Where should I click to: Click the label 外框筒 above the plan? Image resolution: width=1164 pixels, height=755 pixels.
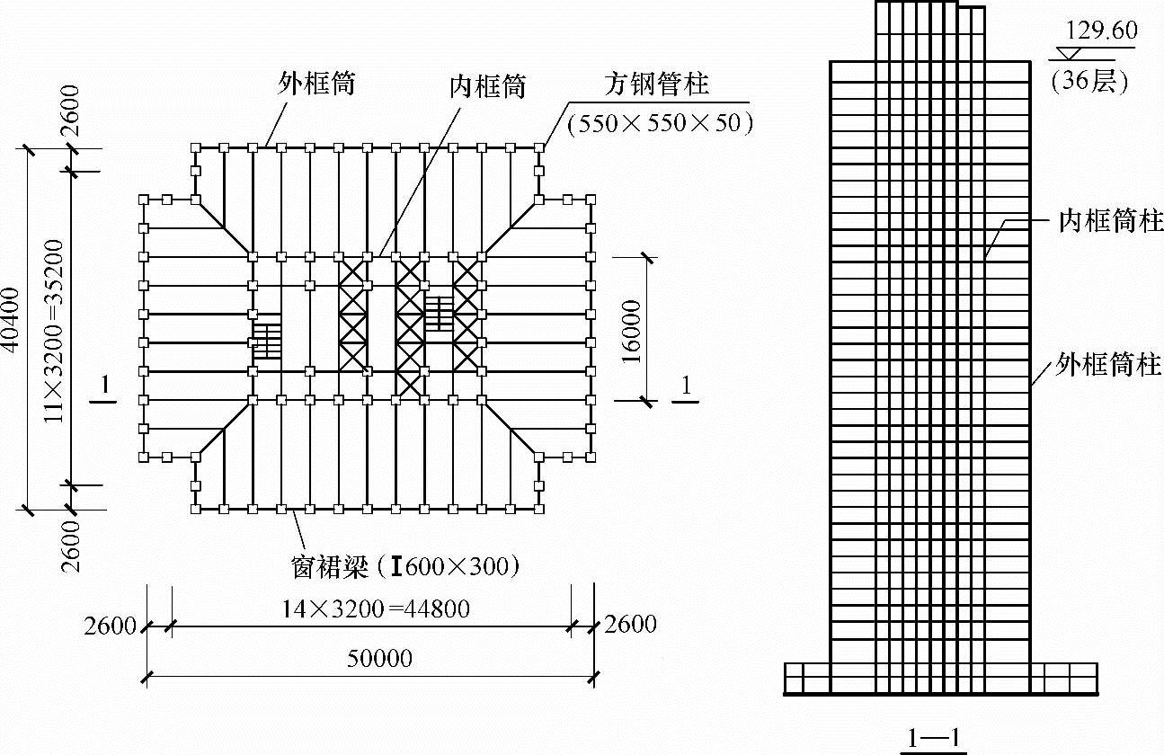point(317,84)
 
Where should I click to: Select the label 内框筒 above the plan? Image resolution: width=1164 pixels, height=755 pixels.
point(487,86)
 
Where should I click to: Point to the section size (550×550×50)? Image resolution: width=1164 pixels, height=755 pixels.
point(660,123)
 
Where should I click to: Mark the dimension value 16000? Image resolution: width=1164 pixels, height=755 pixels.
point(631,329)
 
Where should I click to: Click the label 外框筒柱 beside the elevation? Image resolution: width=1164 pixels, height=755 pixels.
point(1109,365)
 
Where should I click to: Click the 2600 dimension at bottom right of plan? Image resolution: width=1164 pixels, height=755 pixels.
point(630,624)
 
